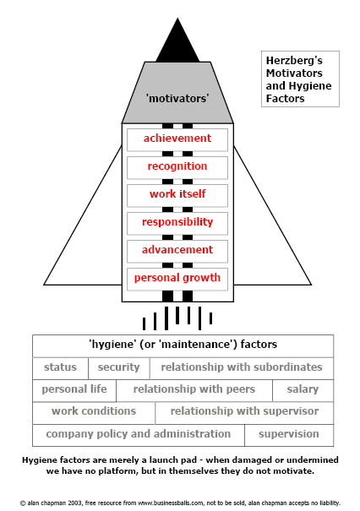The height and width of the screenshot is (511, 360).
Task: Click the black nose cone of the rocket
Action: tap(177, 44)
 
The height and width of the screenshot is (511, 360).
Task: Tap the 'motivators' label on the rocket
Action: tap(177, 98)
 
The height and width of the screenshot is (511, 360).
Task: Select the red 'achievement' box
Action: tap(177, 140)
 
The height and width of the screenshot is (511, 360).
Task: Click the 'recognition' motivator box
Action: tap(177, 168)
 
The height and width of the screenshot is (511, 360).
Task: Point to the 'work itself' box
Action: tap(177, 196)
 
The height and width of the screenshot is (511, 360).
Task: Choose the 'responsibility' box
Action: tap(177, 224)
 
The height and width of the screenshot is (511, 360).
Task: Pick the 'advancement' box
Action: tap(177, 251)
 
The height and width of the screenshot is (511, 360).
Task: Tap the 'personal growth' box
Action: tap(177, 280)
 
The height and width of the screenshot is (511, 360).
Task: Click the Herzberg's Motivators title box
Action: tap(300, 79)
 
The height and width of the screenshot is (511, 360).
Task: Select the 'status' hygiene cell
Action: tap(60, 368)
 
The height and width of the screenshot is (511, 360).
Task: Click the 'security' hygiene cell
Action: tap(119, 368)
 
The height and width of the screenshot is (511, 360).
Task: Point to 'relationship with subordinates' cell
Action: tap(242, 368)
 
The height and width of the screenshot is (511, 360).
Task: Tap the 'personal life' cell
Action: tap(74, 391)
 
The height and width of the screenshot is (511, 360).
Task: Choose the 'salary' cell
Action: tap(303, 391)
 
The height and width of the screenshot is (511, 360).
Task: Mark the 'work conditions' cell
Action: tap(94, 413)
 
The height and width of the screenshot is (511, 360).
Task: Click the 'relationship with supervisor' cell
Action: tap(244, 413)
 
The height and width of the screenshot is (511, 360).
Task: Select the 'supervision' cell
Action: tap(289, 435)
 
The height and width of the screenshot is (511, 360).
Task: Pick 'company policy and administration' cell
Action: tap(139, 435)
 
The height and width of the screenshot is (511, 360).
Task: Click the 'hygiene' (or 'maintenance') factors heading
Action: tap(183, 345)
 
